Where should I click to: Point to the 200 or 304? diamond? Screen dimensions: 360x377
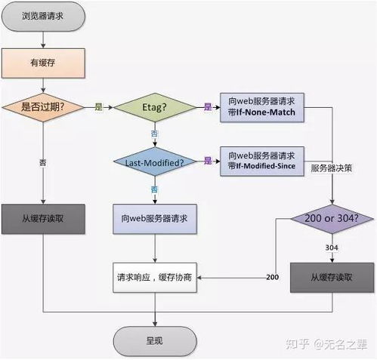332,220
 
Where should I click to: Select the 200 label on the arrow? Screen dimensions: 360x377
273,277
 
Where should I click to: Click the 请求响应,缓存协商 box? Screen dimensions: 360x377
155,277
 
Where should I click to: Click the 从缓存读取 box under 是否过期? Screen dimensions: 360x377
42,218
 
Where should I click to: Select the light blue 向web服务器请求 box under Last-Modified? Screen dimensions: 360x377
155,218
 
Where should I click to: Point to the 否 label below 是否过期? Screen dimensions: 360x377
42,162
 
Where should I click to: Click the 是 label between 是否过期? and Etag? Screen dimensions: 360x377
97,107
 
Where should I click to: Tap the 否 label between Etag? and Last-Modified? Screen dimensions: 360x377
155,133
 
